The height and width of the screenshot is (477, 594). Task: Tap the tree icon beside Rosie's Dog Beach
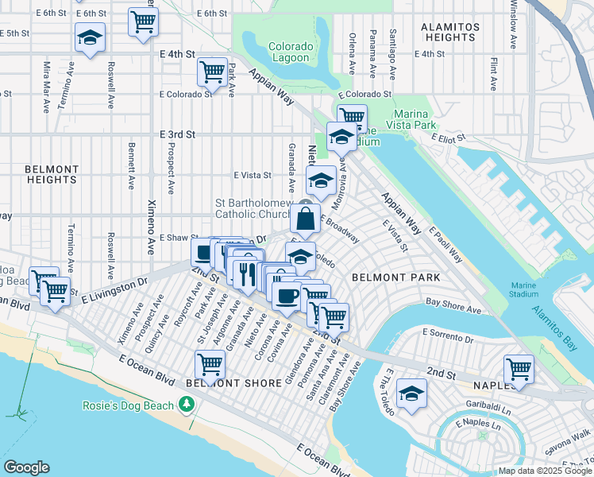187,405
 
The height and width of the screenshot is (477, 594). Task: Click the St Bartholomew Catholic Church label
254,208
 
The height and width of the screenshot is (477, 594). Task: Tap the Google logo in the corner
26,467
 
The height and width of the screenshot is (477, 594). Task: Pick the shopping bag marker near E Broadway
305,219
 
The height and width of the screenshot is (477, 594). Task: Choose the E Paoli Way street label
446,244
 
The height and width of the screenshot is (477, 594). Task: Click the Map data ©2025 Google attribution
545,471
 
